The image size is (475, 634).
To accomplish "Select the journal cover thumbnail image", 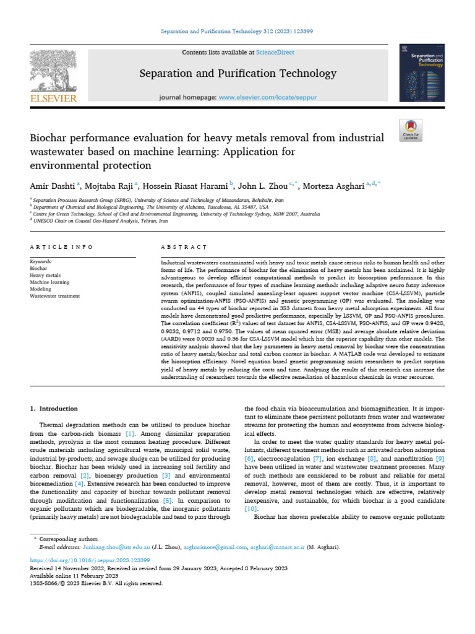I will pos(422,74).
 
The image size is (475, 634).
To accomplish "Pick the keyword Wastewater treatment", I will pos(55,296).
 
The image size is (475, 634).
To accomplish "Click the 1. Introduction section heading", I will pos(54,409).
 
